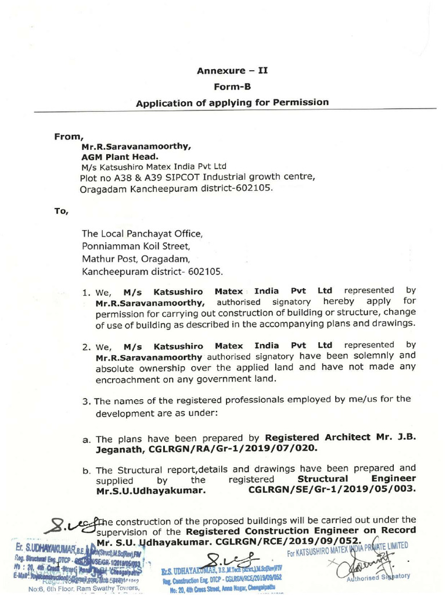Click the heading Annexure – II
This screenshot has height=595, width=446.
coord(232,71)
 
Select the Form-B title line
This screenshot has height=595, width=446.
coord(232,87)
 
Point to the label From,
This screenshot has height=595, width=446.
coord(66,137)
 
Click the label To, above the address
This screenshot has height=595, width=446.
coord(61,211)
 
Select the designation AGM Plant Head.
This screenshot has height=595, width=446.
coord(119,156)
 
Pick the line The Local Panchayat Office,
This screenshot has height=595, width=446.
coord(143,234)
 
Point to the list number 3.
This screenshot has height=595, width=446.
coord(86,401)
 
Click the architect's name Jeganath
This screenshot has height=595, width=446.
coord(117,449)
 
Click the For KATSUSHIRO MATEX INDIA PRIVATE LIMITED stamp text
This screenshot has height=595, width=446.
coord(348,549)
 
